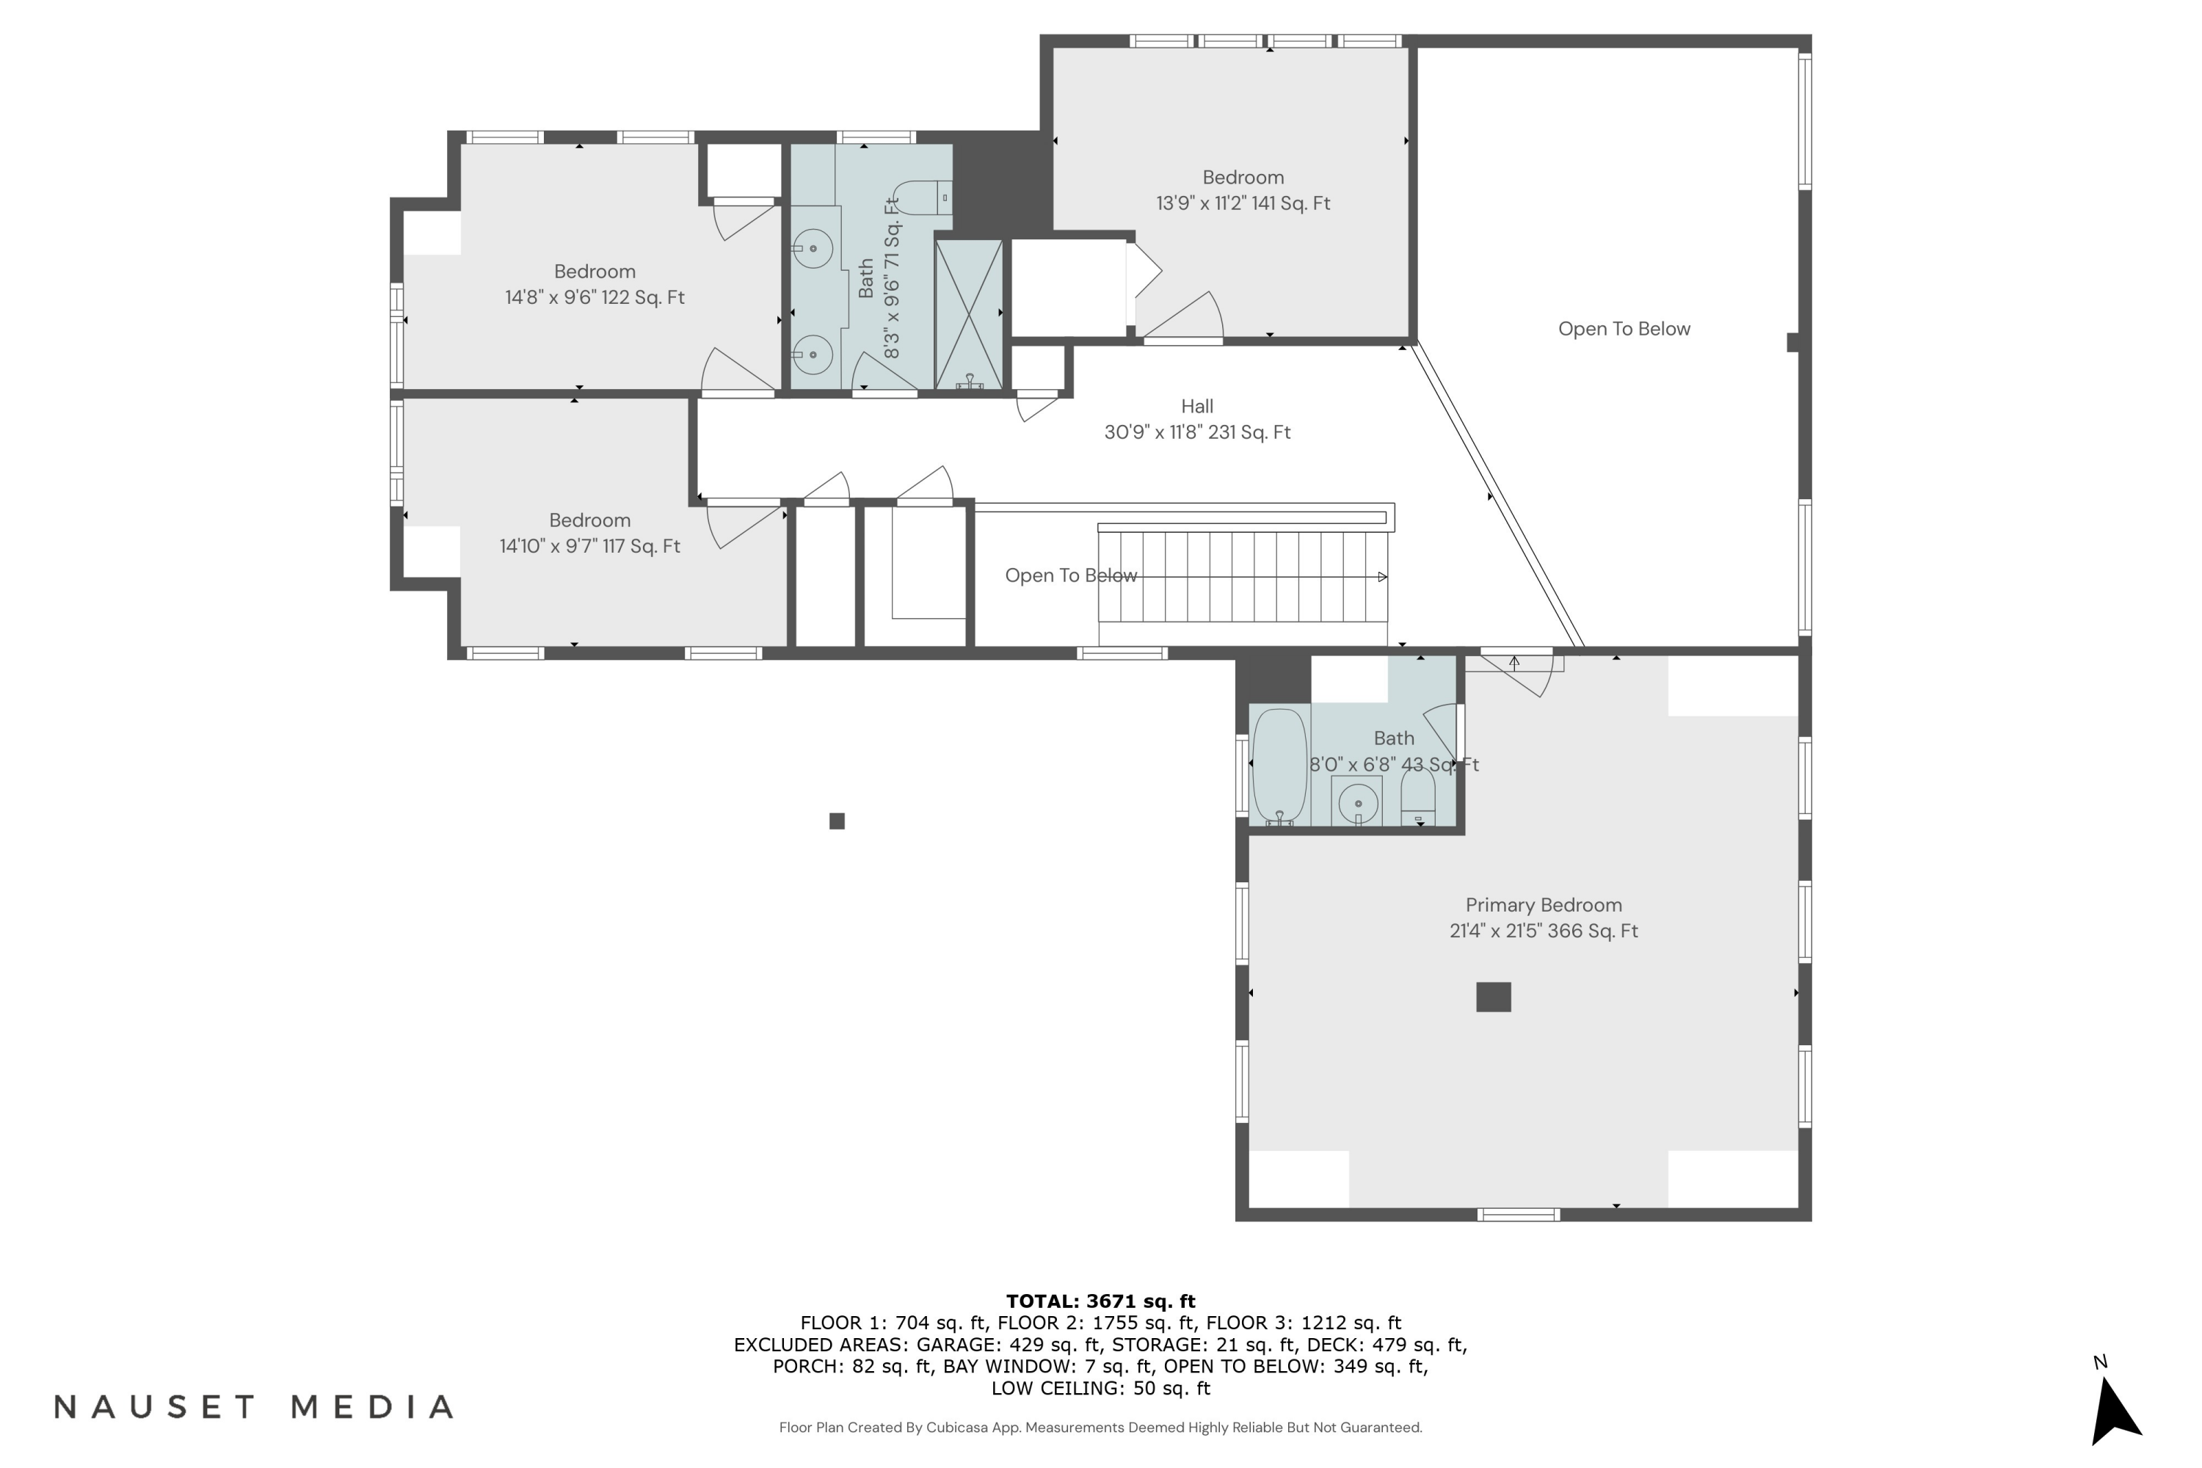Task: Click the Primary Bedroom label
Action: pyautogui.click(x=1543, y=904)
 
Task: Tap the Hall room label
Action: pyautogui.click(x=1196, y=407)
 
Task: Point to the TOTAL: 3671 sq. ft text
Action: pyautogui.click(x=1100, y=1301)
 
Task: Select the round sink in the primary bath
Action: pyautogui.click(x=1357, y=803)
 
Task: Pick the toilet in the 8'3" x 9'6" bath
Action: pyautogui.click(x=922, y=197)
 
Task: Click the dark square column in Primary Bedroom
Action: pyautogui.click(x=1493, y=997)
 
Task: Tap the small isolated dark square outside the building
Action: pyautogui.click(x=837, y=821)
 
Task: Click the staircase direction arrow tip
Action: pyautogui.click(x=1383, y=577)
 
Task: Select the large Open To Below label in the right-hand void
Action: pyautogui.click(x=1624, y=329)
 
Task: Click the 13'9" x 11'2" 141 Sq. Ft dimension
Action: pyautogui.click(x=1243, y=203)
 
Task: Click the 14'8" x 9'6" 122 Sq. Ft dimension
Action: pyautogui.click(x=595, y=298)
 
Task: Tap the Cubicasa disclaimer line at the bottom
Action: pyautogui.click(x=1100, y=1427)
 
